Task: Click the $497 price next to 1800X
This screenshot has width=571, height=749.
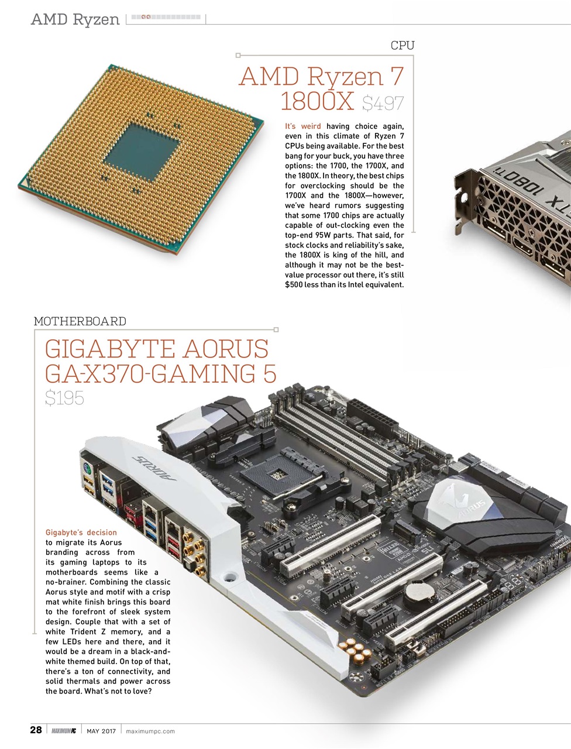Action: [x=383, y=104]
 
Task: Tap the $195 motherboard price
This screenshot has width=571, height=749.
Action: [x=64, y=398]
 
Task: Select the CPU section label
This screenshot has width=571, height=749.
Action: [x=402, y=46]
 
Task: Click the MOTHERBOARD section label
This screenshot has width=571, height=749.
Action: [x=80, y=321]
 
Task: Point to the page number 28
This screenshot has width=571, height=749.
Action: [x=36, y=730]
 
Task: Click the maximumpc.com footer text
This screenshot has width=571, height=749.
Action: [x=150, y=731]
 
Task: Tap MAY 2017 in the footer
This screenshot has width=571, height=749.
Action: [x=101, y=731]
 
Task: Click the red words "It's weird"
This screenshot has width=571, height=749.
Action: [x=302, y=126]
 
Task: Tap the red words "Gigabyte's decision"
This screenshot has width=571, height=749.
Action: [x=81, y=532]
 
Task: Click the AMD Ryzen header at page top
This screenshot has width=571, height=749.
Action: [x=75, y=19]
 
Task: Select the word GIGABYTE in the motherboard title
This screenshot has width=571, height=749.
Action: [x=110, y=349]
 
